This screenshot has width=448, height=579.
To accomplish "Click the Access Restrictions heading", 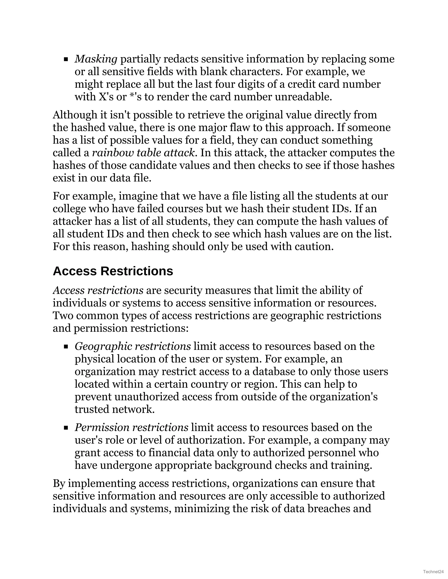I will click(113, 271).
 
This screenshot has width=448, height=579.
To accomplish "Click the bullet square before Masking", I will click(66, 59).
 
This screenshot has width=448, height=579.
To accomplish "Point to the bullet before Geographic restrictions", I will click(66, 347).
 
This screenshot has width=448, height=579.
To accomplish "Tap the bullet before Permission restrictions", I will click(66, 428).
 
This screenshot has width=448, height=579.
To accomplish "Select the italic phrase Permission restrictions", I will click(131, 427).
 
